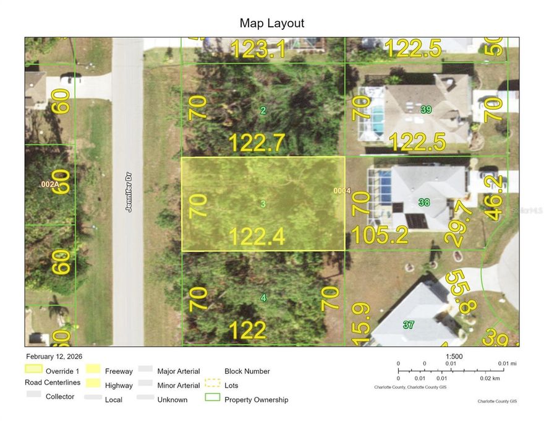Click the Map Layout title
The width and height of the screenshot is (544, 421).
point(272,24)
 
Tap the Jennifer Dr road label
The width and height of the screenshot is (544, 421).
point(129,191)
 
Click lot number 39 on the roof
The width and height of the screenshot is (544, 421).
point(426,110)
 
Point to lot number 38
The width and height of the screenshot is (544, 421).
point(424,202)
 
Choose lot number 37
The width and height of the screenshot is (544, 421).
point(409,324)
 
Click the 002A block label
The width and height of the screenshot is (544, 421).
point(49,184)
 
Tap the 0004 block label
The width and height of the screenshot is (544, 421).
point(342,191)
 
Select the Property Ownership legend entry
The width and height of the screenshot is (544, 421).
point(256,399)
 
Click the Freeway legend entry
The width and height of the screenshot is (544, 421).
point(119,371)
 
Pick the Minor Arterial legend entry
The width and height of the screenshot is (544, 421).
point(179,385)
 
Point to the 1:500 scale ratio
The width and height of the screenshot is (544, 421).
point(454,357)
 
